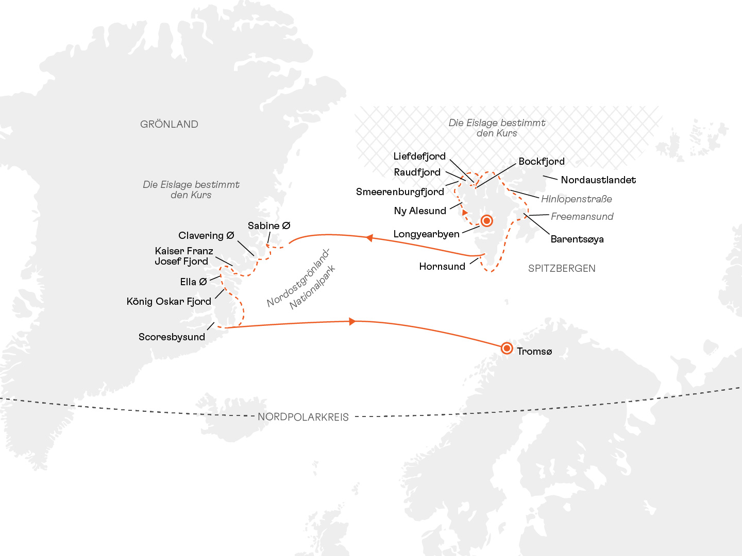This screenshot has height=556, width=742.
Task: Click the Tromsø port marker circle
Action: pyautogui.click(x=507, y=349)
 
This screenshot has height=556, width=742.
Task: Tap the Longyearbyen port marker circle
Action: pyautogui.click(x=486, y=221)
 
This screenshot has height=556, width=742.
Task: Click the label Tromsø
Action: pyautogui.click(x=534, y=352)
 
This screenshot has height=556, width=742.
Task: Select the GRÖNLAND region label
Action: pyautogui.click(x=169, y=124)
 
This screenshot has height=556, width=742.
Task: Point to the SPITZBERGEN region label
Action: pyautogui.click(x=562, y=268)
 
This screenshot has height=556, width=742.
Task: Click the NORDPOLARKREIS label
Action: pyautogui.click(x=303, y=417)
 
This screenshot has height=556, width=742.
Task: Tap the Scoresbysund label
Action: pyautogui.click(x=172, y=337)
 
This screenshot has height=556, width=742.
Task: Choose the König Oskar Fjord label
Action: pyautogui.click(x=169, y=302)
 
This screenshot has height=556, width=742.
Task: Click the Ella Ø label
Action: pyautogui.click(x=193, y=282)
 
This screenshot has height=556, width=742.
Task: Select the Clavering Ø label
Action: pyautogui.click(x=206, y=236)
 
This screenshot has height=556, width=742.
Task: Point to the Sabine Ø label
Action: pyautogui.click(x=269, y=226)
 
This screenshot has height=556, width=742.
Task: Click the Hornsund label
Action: pyautogui.click(x=442, y=267)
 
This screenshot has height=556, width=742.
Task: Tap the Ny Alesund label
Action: pyautogui.click(x=420, y=211)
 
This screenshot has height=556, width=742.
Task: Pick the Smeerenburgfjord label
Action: pyautogui.click(x=400, y=192)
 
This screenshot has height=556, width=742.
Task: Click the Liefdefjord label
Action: pyautogui.click(x=419, y=157)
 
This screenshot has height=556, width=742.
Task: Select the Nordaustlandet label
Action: pyautogui.click(x=598, y=180)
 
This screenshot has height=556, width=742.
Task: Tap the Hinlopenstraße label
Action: pyautogui.click(x=577, y=199)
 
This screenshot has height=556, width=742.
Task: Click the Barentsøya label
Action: pyautogui.click(x=577, y=239)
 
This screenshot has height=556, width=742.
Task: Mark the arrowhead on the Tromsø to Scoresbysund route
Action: pyautogui.click(x=352, y=322)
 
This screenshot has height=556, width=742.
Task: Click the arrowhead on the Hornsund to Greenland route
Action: pyautogui.click(x=369, y=238)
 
